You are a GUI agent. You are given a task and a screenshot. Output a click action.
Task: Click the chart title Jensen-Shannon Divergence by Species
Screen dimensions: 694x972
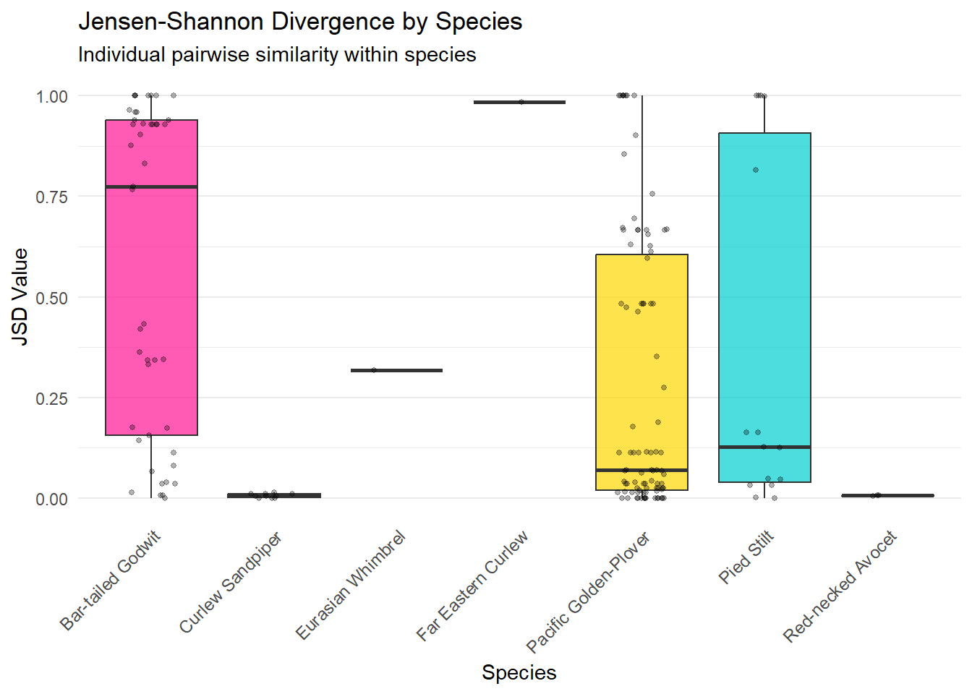(300, 22)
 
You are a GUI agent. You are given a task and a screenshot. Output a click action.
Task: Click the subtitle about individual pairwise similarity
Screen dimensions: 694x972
(277, 55)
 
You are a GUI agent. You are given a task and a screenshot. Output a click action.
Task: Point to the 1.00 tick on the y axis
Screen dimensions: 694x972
(52, 96)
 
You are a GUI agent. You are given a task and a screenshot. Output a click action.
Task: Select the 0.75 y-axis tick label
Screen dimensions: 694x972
(52, 197)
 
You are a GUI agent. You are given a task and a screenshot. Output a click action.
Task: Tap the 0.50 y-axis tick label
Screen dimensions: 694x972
(52, 298)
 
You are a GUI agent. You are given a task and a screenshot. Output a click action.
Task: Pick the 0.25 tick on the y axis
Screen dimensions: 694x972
(52, 398)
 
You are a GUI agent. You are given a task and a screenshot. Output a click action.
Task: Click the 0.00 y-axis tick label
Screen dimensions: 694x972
(52, 499)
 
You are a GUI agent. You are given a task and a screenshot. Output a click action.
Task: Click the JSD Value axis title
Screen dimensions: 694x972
(20, 297)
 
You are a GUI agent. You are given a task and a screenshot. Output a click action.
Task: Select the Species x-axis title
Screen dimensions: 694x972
(519, 672)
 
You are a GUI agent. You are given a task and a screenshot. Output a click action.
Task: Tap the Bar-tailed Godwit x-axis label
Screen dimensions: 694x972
(111, 581)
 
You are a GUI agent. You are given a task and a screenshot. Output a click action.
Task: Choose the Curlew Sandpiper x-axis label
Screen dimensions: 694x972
(231, 583)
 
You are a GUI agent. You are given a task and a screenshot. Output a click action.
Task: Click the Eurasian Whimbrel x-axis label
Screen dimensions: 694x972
(351, 586)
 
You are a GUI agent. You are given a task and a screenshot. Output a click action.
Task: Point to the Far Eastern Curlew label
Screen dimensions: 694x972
(472, 586)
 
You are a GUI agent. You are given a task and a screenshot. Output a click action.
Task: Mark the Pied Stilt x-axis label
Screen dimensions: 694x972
(746, 557)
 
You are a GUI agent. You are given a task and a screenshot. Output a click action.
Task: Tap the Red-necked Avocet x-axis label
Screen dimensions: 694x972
(840, 587)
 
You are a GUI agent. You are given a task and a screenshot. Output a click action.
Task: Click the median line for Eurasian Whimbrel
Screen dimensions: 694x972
(396, 371)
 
